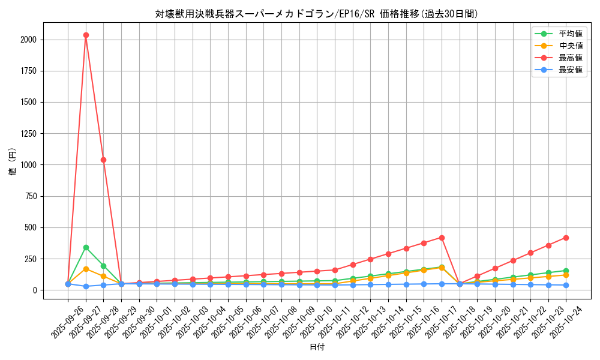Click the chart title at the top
[317, 14]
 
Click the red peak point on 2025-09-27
[86, 35]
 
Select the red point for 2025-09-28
[104, 160]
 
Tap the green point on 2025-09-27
[86, 247]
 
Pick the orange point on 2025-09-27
[86, 269]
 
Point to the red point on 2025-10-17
[442, 238]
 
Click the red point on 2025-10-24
[566, 238]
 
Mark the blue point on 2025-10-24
[566, 285]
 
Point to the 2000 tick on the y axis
[28, 40]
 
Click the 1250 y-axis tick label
[28, 133]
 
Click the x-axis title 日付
[317, 347]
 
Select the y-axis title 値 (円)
[13, 162]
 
